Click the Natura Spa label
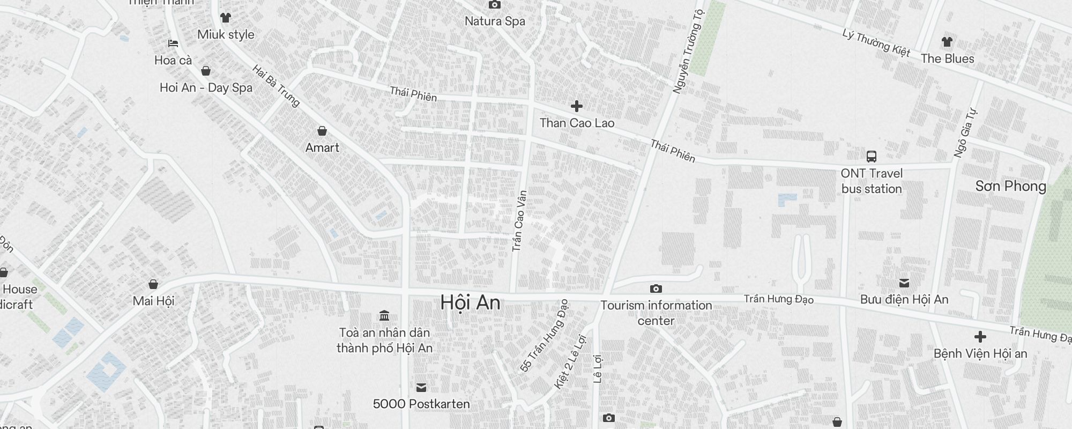(495, 21)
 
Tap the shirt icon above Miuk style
(226, 18)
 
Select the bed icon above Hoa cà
(173, 43)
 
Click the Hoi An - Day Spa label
(206, 87)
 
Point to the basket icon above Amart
(322, 131)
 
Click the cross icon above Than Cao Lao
(577, 106)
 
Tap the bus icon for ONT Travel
(872, 157)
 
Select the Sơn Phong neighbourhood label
(1010, 186)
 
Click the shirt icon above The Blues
(947, 42)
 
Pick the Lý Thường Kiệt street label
(876, 42)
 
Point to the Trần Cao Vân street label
(519, 221)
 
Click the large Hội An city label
(470, 303)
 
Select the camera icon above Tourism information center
(656, 289)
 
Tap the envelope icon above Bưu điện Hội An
(904, 283)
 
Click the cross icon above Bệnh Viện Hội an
(980, 337)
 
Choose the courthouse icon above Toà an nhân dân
(384, 316)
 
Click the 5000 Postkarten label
(421, 404)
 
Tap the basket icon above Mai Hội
(153, 284)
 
